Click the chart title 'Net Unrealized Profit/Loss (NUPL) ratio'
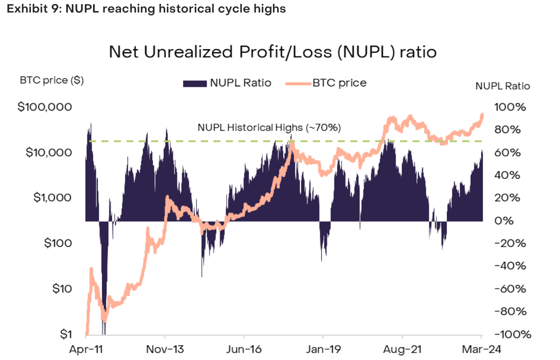pyautogui.click(x=273, y=52)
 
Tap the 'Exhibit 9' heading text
pyautogui.click(x=146, y=9)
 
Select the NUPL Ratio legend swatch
pyautogui.click(x=194, y=83)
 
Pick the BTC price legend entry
pyautogui.click(x=326, y=83)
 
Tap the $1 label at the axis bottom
pyautogui.click(x=65, y=334)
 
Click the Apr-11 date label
pyautogui.click(x=86, y=349)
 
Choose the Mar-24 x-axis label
pyautogui.click(x=482, y=349)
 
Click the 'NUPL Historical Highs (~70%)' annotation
pyautogui.click(x=269, y=128)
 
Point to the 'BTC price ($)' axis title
pyautogui.click(x=52, y=81)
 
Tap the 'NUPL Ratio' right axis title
pyautogui.click(x=502, y=86)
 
